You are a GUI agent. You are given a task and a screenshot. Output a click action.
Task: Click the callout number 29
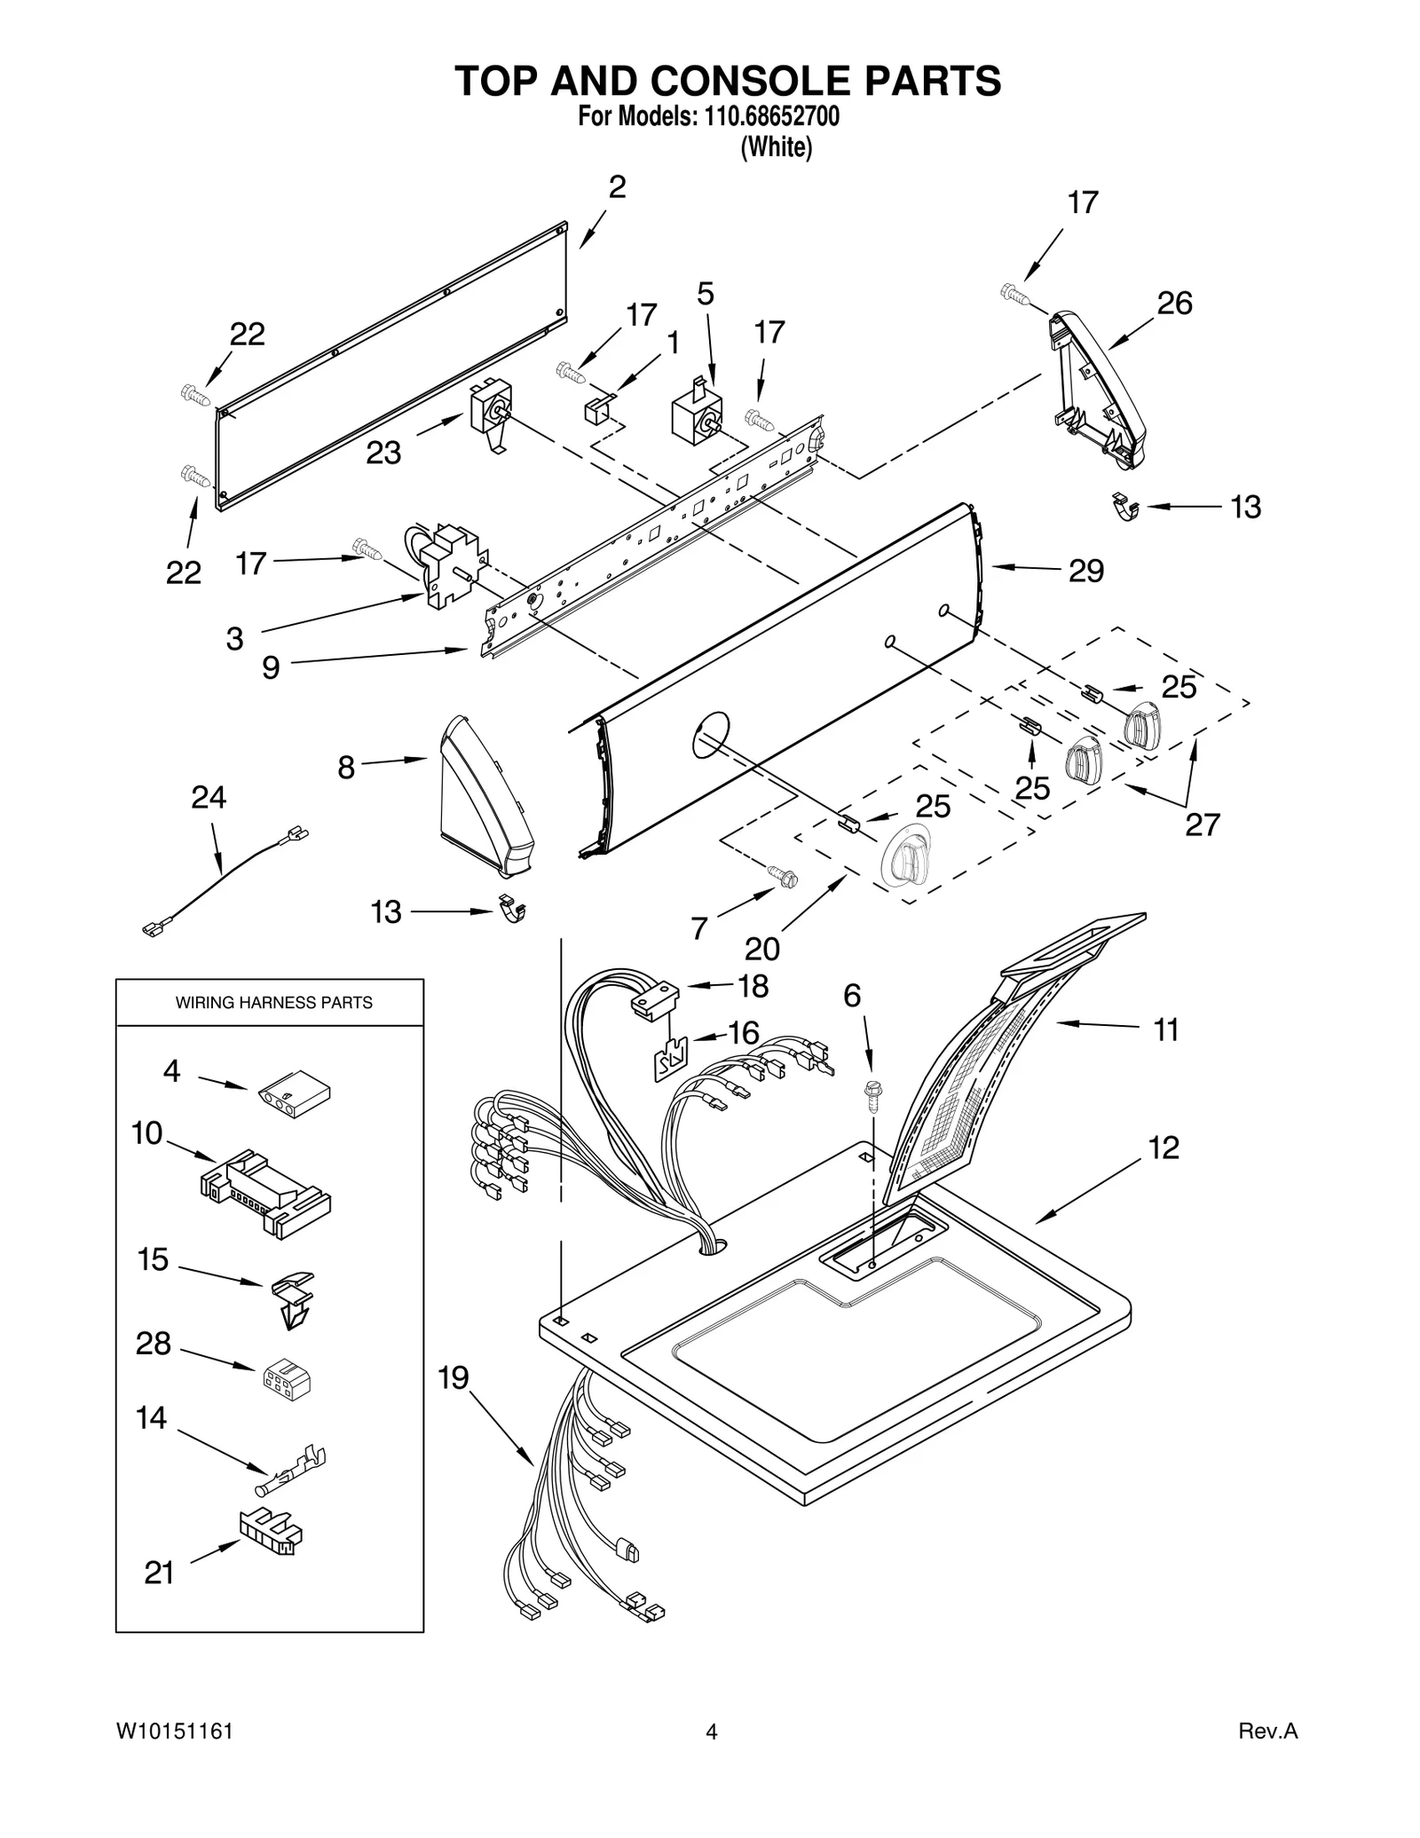click(x=1086, y=570)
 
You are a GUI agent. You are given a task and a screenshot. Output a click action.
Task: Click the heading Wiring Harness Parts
click(x=273, y=1003)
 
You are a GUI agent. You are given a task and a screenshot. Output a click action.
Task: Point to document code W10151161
click(x=174, y=1731)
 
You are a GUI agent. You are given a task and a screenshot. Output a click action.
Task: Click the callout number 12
click(x=1164, y=1148)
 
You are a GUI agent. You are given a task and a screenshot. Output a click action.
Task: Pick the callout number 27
click(x=1203, y=824)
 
